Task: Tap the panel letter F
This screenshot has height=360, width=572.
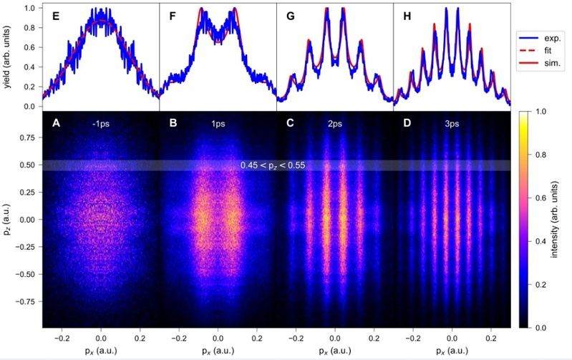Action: click(x=173, y=15)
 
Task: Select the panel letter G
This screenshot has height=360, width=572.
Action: click(x=291, y=15)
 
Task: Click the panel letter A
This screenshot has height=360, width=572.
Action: click(x=55, y=124)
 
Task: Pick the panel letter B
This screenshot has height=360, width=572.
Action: click(x=173, y=124)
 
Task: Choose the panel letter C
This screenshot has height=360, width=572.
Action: click(x=291, y=124)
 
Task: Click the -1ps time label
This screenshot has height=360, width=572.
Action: click(x=101, y=123)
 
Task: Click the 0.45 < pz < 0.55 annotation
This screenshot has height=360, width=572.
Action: click(x=276, y=166)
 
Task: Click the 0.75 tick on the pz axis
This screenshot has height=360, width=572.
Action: click(x=29, y=137)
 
